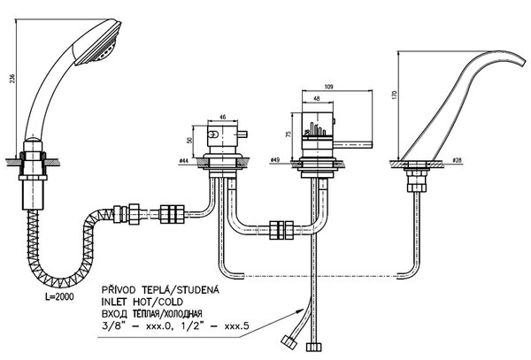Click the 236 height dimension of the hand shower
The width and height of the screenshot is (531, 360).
click(x=13, y=78)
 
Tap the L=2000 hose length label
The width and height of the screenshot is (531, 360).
click(x=59, y=296)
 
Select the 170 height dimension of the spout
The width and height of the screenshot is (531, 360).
click(x=394, y=95)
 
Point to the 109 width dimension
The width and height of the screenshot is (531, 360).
click(x=328, y=87)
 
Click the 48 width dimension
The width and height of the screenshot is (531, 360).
click(x=317, y=98)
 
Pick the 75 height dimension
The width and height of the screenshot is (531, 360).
click(x=289, y=134)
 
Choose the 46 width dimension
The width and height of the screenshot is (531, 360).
click(x=222, y=118)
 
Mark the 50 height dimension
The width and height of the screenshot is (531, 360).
click(x=189, y=140)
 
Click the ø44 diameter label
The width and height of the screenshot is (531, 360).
click(x=183, y=161)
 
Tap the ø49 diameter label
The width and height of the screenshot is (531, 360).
click(x=275, y=160)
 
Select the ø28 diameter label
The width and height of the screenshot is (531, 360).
click(x=458, y=160)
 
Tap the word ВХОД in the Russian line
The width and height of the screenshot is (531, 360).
click(x=114, y=314)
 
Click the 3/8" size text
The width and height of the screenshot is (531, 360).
click(x=113, y=326)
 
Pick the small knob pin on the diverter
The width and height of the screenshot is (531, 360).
click(x=243, y=134)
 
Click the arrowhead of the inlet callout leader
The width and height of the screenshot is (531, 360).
click(x=300, y=310)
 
